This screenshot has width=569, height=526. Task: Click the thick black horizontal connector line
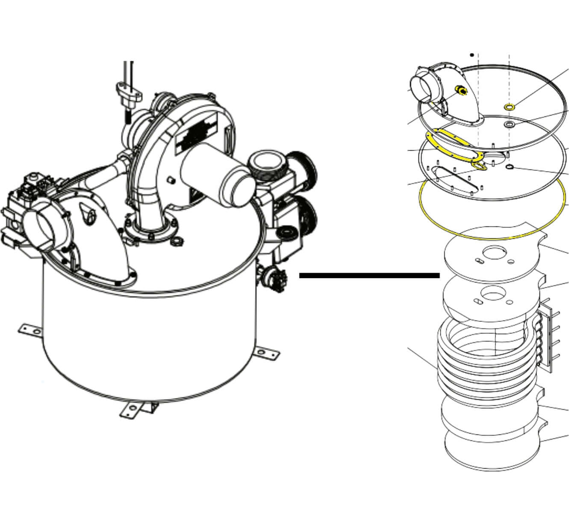tap(369, 276)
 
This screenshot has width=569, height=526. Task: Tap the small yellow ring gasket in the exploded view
tap(509, 107)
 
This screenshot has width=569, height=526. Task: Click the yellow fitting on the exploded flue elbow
tap(460, 90)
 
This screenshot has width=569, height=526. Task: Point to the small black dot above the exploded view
tap(472, 55)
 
